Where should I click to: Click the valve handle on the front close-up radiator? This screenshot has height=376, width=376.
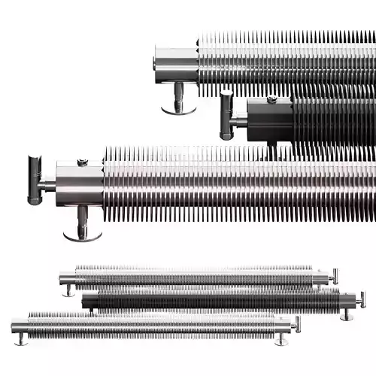pos(35,180)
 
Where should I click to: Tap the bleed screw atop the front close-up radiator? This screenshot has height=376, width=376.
pos(83,161)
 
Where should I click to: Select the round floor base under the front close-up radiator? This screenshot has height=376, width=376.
pos(83,235)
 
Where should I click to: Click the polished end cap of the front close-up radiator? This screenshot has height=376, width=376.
pos(79,184)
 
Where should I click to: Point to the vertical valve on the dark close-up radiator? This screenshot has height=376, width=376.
pos(226,114)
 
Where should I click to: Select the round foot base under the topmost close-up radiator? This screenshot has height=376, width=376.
pos(179,110)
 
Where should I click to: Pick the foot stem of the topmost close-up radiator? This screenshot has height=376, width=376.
pos(179,95)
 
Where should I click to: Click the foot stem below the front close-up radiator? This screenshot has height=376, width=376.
pos(83,220)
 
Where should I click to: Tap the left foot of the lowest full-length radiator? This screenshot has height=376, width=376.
pos(22,339)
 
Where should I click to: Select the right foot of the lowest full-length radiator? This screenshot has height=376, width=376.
pos(281,339)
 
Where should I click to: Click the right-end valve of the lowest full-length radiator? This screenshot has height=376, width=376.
pos(296,323)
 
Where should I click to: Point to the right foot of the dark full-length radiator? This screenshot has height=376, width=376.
pos(347,314)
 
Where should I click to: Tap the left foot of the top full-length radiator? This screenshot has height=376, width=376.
pos(69,290)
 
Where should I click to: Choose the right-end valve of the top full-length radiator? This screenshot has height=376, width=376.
pos(335,275)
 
